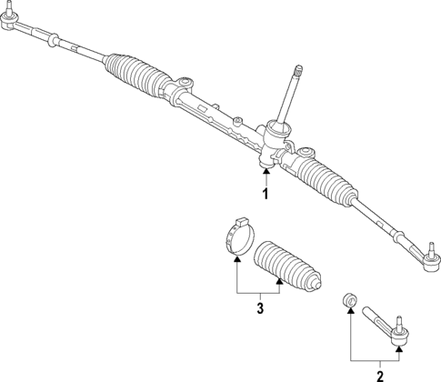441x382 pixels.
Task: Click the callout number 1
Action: point(266,195)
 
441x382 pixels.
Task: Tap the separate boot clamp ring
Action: point(237,236)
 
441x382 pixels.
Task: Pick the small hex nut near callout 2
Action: point(346,302)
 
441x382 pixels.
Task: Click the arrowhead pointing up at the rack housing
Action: point(266,172)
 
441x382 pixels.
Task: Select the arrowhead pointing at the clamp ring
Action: point(237,261)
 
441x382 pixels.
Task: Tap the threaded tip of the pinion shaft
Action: point(296,70)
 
